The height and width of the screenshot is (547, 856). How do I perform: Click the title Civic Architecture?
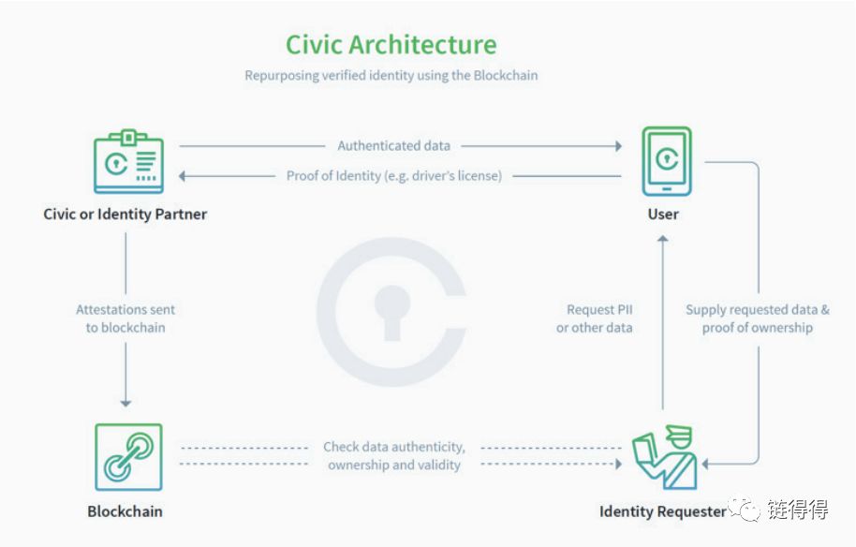click(391, 44)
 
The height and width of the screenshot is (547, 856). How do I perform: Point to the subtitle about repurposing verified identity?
click(391, 75)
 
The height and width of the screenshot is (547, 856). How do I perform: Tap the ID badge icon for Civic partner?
click(129, 161)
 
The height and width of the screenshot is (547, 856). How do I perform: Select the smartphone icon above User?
click(667, 161)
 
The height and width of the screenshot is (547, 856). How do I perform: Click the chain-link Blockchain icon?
click(129, 457)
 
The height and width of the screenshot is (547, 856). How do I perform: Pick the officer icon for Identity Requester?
click(665, 457)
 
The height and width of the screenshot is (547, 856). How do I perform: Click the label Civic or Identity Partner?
click(125, 214)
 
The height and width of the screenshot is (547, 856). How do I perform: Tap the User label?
click(663, 214)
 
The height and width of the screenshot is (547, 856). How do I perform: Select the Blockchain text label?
click(125, 511)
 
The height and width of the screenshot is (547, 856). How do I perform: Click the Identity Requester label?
click(663, 511)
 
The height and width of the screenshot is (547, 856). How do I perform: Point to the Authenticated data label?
click(393, 146)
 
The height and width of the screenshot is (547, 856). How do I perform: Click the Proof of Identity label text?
click(393, 176)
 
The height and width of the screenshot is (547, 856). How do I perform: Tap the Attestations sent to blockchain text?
click(125, 318)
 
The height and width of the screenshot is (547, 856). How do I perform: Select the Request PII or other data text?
click(595, 318)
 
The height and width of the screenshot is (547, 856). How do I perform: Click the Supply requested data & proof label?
click(757, 318)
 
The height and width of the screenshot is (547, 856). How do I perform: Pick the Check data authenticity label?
click(394, 456)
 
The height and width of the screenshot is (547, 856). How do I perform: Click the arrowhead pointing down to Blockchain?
click(125, 404)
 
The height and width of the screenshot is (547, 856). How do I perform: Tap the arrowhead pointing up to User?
click(663, 239)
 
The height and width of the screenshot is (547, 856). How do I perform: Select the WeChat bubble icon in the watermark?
click(745, 509)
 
